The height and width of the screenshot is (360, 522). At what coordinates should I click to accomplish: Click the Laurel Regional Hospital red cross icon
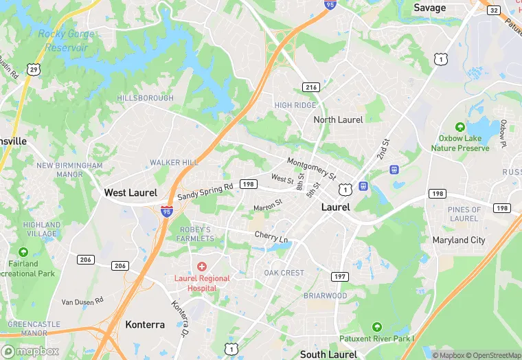202,266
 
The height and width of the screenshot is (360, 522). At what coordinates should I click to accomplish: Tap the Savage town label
430,8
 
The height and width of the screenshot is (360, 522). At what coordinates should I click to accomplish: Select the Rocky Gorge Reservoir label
63,41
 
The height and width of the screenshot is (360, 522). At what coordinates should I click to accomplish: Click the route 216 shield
311,87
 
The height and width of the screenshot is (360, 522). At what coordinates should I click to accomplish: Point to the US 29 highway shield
33,69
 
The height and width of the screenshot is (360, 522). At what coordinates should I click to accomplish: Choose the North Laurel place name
338,120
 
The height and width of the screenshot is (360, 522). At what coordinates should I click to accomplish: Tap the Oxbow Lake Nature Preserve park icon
461,127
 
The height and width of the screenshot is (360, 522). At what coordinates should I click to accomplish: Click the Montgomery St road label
312,168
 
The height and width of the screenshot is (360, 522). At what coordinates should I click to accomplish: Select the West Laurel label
130,193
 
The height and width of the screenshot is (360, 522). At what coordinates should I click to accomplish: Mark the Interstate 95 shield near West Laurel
167,212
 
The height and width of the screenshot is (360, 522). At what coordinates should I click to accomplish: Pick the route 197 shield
338,276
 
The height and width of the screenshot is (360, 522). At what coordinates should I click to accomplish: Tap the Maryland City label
459,240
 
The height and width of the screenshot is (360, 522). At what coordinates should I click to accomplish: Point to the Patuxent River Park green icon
376,326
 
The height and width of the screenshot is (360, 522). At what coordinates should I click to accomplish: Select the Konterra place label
145,324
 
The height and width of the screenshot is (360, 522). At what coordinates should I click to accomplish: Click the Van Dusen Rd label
82,301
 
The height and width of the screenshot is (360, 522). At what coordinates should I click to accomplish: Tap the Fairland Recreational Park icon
23,252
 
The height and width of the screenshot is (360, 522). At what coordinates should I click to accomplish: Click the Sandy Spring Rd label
207,192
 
